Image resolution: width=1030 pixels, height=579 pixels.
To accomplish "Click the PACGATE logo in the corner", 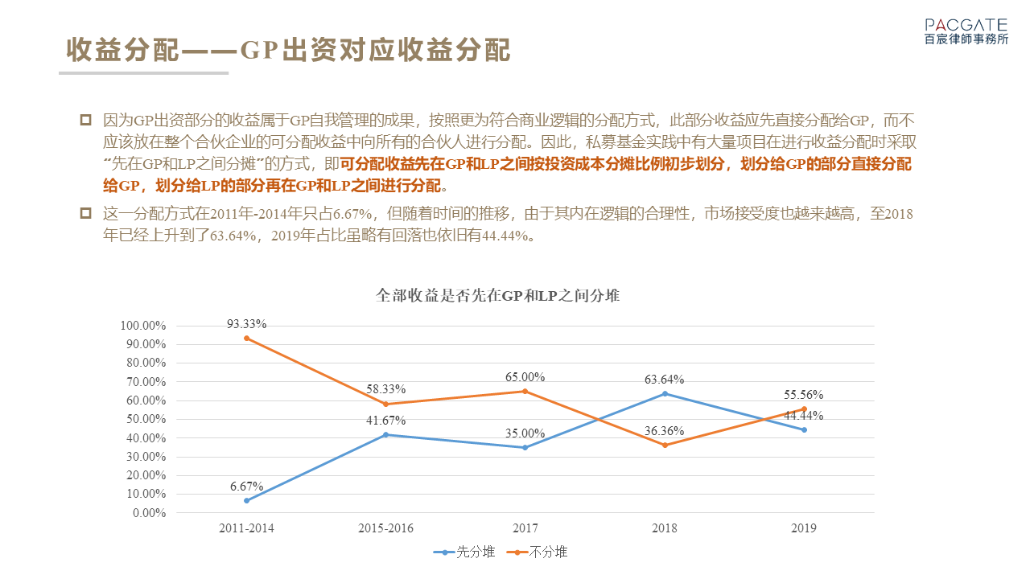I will click(x=966, y=31).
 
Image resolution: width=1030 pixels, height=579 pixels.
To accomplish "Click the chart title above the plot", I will click(x=497, y=296).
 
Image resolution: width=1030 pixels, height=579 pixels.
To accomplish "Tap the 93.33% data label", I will click(x=246, y=324).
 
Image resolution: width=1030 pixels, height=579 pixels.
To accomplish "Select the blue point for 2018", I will click(x=665, y=393).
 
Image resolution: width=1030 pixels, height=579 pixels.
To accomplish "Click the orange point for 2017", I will click(x=525, y=392).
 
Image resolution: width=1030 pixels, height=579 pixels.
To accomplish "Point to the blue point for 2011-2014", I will click(x=246, y=500).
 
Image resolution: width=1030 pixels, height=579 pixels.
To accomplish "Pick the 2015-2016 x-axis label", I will click(x=385, y=528).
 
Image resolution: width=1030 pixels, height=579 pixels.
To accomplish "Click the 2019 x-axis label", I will click(x=804, y=528).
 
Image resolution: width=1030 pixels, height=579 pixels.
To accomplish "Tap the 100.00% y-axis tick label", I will click(x=142, y=326).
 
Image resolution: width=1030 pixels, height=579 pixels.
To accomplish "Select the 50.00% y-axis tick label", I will click(x=145, y=419).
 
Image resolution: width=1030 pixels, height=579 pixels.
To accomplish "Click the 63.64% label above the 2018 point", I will click(x=665, y=380).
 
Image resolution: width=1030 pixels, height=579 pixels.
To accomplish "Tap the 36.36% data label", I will click(x=665, y=431).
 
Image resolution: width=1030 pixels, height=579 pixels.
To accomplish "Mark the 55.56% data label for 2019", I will click(x=804, y=395).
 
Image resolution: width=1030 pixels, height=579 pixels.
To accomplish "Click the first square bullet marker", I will click(x=85, y=121).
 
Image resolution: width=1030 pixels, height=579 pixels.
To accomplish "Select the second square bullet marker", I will click(x=85, y=214).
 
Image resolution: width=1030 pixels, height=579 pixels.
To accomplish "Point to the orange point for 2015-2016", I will click(x=385, y=404).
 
